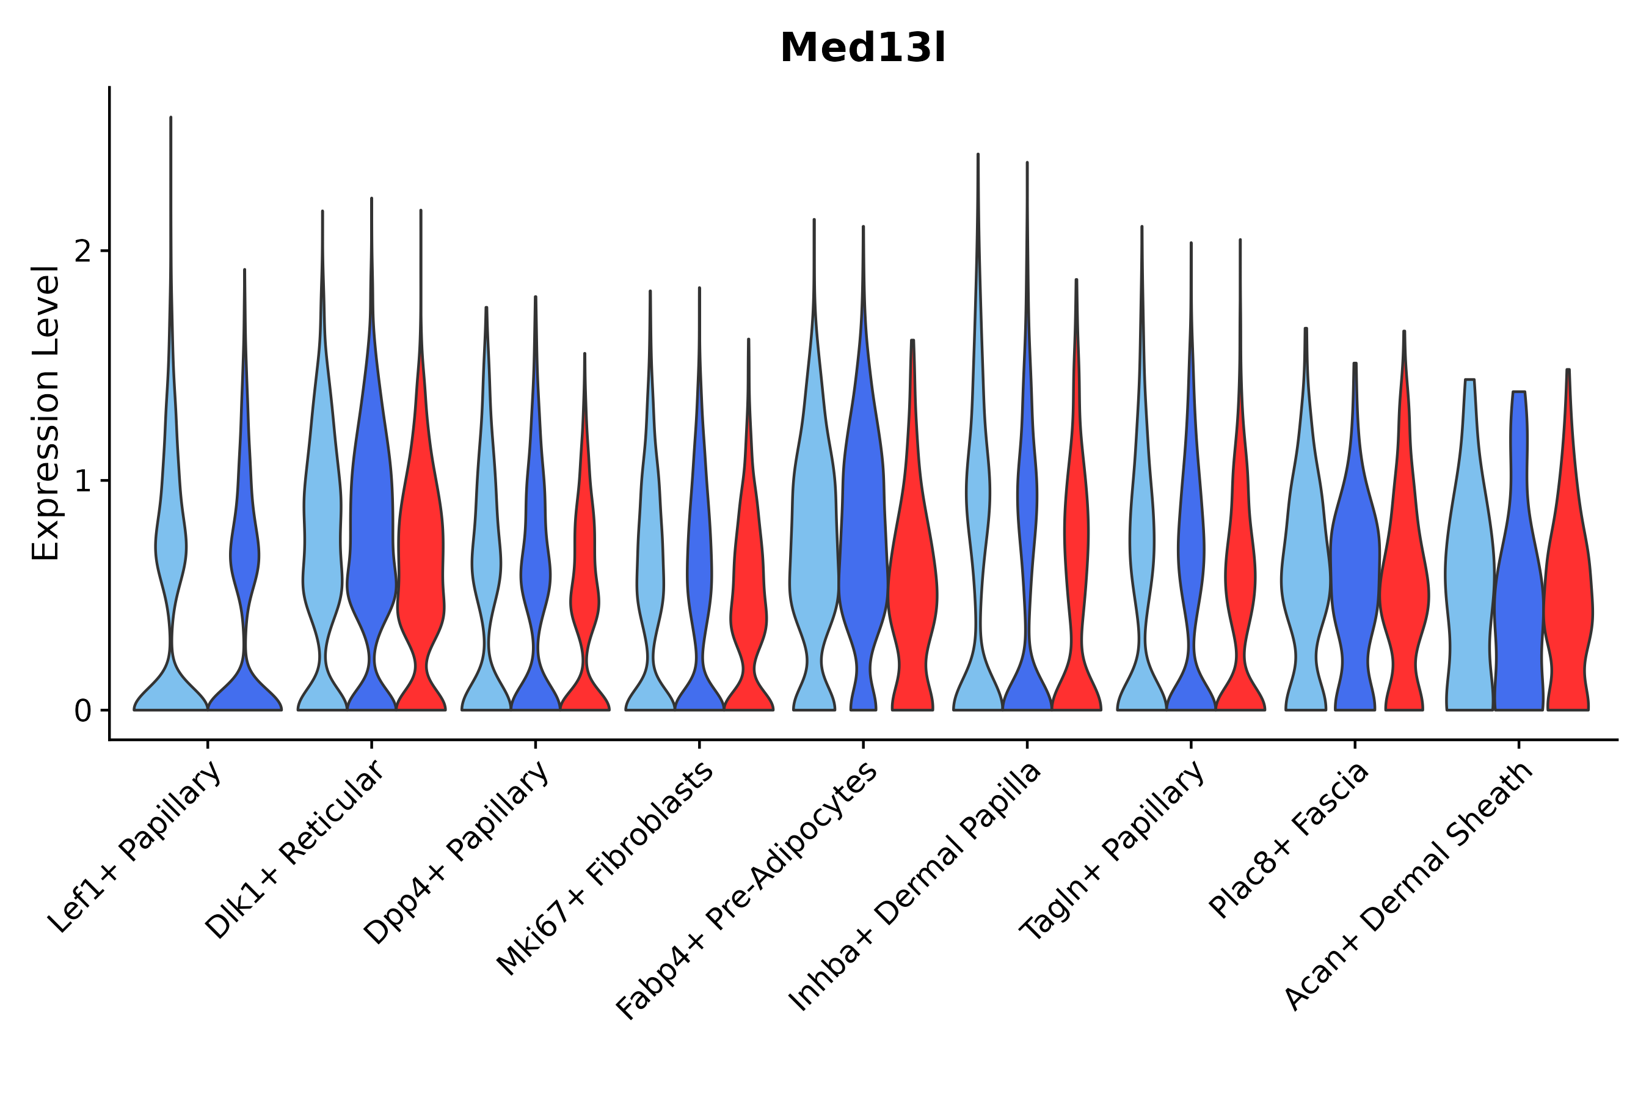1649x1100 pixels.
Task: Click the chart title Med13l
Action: (862, 48)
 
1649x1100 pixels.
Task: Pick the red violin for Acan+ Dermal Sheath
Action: (1568, 596)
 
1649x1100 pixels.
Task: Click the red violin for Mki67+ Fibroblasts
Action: (749, 596)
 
